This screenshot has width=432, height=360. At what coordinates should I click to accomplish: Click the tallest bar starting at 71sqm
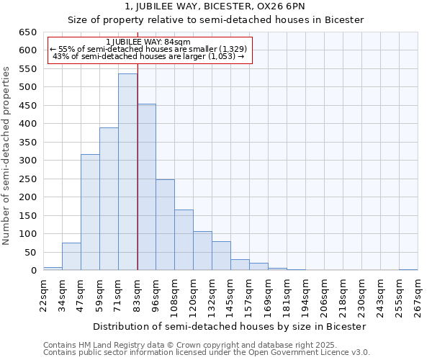pos(127,172)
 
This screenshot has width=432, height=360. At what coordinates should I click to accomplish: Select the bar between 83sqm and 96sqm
pos(146,187)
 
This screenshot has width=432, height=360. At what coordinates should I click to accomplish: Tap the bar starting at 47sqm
pos(90,212)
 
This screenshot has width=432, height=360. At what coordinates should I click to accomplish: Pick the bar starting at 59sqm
pos(109,199)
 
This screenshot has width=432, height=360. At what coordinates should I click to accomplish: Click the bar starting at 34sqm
pos(71,256)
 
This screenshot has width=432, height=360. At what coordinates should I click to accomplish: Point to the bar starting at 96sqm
pos(165,225)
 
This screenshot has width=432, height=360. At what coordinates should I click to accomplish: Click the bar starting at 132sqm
pos(221,256)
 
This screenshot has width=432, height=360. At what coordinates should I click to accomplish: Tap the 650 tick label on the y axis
pos(27,32)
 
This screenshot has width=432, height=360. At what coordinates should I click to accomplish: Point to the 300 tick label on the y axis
pos(27,161)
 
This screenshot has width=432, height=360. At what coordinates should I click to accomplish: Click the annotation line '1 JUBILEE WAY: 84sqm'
pos(148,42)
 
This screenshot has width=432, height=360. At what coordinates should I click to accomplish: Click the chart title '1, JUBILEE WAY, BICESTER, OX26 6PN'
pos(215,7)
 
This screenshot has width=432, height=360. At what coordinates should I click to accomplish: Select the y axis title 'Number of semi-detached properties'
pos(7,155)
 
